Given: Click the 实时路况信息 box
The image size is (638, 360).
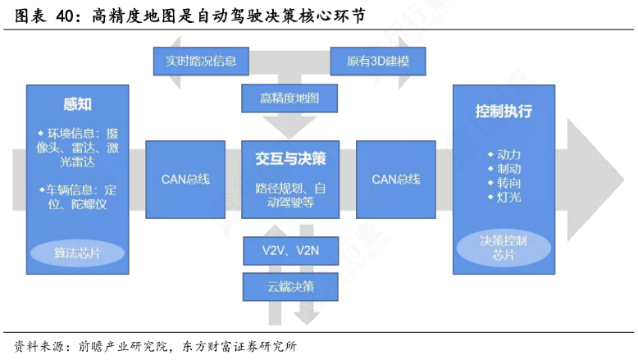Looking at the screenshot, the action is point(201,62).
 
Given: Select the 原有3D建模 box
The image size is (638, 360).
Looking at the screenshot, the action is point(378,62).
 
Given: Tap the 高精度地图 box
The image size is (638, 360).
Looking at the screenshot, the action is point(289,98).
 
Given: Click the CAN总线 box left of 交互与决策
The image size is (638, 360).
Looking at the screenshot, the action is point(185,180).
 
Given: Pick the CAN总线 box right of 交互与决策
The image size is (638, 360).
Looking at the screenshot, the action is point(396,180).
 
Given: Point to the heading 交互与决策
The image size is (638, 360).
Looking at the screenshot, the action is point(290,158).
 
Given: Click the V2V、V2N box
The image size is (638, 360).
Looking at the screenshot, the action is point(290,251).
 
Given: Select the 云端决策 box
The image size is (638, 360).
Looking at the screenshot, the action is point(290,287).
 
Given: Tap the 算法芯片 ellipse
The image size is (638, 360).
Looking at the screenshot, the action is point(77,253).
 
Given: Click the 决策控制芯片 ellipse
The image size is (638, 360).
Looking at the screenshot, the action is point(504,248).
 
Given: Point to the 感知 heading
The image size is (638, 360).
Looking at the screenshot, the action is point(77,104).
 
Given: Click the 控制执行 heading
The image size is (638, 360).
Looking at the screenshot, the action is point(504,111).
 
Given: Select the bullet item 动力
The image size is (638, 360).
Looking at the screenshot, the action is point(504,154).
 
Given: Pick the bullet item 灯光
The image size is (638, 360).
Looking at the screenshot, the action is point(504,198).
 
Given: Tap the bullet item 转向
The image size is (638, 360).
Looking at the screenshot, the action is point(504,183).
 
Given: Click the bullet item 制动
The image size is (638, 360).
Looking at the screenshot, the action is point(504,169).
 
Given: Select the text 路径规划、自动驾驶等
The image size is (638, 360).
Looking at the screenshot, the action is point(290,195).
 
